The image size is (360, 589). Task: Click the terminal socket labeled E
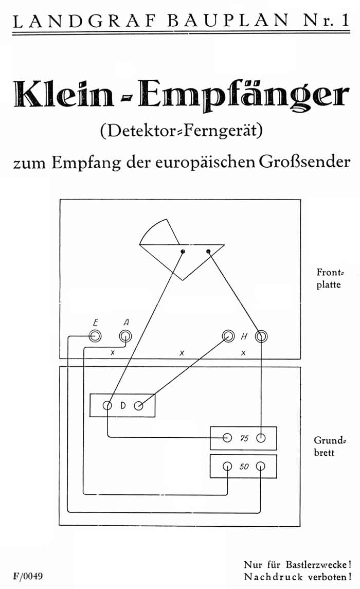pyautogui.click(x=95, y=336)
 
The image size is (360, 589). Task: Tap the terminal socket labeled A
pyautogui.click(x=125, y=336)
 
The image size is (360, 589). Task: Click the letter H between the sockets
pyautogui.click(x=245, y=337)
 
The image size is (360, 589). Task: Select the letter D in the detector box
pyautogui.click(x=123, y=405)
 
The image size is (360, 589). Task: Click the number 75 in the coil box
pyautogui.click(x=244, y=438)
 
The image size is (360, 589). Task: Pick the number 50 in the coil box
pyautogui.click(x=244, y=467)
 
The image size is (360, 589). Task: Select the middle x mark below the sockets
pyautogui.click(x=182, y=353)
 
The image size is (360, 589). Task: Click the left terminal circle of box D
pyautogui.click(x=107, y=405)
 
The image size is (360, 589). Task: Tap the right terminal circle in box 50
pyautogui.click(x=261, y=467)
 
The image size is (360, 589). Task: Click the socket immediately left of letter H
pyautogui.click(x=228, y=336)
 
